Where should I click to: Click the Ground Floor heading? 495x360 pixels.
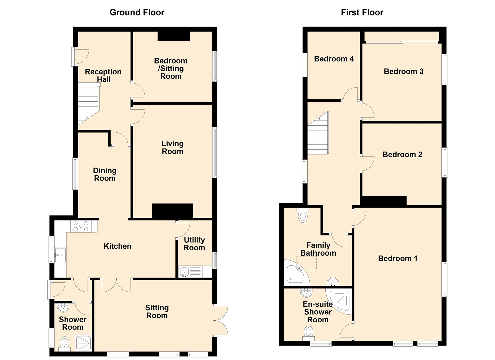click(x=137, y=13)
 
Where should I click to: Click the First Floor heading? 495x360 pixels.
click(x=362, y=13)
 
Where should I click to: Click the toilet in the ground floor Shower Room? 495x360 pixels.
click(x=64, y=343)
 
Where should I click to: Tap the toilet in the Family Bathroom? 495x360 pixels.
click(x=303, y=215)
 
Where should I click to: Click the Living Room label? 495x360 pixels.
click(x=172, y=147)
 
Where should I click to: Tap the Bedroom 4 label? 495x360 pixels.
click(x=334, y=59)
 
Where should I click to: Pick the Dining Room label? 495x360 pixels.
click(x=105, y=174)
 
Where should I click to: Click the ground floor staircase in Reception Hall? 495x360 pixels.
click(x=89, y=103)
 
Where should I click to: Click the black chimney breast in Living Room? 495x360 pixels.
click(x=173, y=211)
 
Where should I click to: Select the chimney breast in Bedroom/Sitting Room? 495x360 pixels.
click(x=173, y=36)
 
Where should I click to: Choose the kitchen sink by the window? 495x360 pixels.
click(x=60, y=255)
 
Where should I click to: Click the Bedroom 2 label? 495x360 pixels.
click(x=402, y=155)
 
